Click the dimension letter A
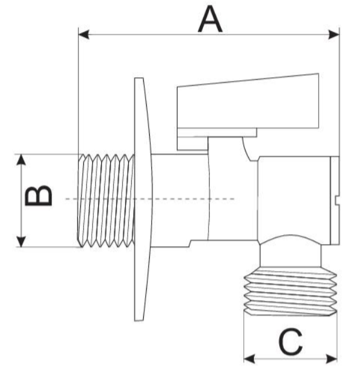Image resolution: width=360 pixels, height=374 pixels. click(x=210, y=19)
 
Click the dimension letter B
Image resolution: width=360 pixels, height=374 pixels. click(x=39, y=195)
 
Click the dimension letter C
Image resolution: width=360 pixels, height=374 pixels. click(x=291, y=342)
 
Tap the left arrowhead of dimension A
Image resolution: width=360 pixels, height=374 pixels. click(x=84, y=35)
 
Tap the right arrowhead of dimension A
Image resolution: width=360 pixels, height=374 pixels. click(x=334, y=35)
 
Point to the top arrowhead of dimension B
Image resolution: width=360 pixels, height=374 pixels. click(x=21, y=160)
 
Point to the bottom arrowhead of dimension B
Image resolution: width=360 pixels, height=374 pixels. click(x=21, y=241)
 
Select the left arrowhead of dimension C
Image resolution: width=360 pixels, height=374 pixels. click(x=249, y=359)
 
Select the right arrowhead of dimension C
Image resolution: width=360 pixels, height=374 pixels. click(x=332, y=359)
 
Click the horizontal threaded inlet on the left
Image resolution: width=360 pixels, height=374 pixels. click(x=107, y=200)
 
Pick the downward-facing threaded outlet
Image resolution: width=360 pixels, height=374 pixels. click(x=291, y=291)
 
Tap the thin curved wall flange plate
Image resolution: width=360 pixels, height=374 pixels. click(x=143, y=199)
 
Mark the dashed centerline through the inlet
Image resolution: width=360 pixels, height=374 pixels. click(x=150, y=199)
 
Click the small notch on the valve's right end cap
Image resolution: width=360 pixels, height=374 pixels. click(x=337, y=200)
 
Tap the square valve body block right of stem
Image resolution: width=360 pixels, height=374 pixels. click(x=294, y=200)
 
